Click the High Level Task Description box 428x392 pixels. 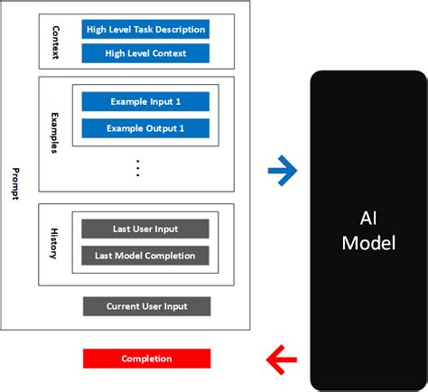[x=145, y=29]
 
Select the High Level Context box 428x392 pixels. [x=145, y=53]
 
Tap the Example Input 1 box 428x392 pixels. [x=145, y=101]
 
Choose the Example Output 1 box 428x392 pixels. [x=145, y=128]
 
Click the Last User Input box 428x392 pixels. [x=145, y=229]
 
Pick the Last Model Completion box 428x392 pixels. [x=145, y=256]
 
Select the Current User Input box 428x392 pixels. [x=147, y=306]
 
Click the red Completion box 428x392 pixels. [x=147, y=359]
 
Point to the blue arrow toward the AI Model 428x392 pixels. [x=283, y=171]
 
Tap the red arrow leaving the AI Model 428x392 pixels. [x=282, y=359]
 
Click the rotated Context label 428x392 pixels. [x=56, y=42]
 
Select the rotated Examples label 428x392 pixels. [x=54, y=133]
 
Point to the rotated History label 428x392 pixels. [x=54, y=244]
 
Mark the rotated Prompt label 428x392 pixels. [x=15, y=183]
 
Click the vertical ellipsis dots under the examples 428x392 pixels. [x=138, y=168]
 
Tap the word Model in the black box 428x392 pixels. [x=368, y=243]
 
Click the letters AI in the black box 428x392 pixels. [x=368, y=218]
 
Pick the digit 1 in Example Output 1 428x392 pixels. [x=181, y=128]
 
